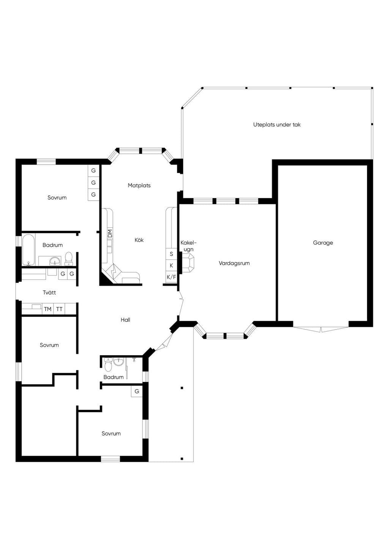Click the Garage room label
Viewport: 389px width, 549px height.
[x=323, y=243]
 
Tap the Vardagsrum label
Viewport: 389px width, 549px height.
[x=234, y=263]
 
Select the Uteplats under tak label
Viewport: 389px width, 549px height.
[x=277, y=124]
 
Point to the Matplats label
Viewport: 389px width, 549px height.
[x=139, y=185]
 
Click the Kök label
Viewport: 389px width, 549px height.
[x=139, y=240]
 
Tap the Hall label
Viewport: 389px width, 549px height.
[x=125, y=320]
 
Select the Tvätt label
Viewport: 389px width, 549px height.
[x=49, y=292]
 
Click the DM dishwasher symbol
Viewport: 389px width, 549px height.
[x=110, y=233]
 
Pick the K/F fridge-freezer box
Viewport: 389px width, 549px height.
[x=171, y=277]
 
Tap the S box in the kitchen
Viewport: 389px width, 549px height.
[x=171, y=254]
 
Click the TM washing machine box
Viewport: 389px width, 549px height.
[x=47, y=309]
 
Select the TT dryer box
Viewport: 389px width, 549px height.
[x=59, y=309]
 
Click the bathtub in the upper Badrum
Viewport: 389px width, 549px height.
[x=28, y=250]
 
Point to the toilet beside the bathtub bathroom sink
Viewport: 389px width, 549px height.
[x=68, y=259]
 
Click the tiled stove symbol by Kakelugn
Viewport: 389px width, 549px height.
[x=188, y=263]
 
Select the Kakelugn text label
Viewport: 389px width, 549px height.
[x=188, y=246]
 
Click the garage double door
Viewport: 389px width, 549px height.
[x=321, y=329]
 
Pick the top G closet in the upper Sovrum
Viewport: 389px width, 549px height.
[x=93, y=170]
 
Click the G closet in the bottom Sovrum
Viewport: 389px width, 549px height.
[x=137, y=391]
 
